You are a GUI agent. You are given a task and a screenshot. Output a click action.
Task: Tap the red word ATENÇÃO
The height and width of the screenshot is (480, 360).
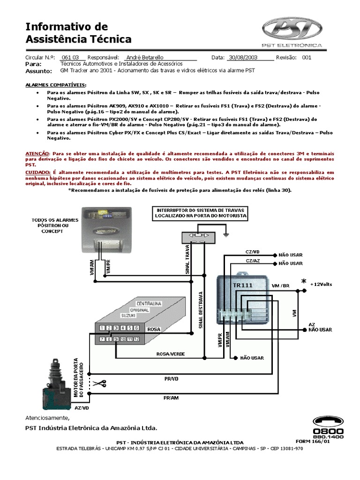pyautogui.click(x=37, y=153)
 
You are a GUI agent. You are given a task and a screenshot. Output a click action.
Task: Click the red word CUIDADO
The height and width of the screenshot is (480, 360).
pyautogui.click(x=37, y=172)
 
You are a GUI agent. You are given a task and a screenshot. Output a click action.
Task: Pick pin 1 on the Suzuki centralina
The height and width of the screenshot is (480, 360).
pyautogui.click(x=103, y=328)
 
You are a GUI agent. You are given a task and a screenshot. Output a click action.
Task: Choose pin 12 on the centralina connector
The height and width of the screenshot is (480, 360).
pyautogui.click(x=136, y=339)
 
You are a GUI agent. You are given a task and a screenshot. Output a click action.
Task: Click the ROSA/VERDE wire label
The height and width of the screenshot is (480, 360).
pyautogui.click(x=171, y=354)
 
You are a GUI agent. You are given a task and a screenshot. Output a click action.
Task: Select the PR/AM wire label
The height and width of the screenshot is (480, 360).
pyautogui.click(x=171, y=397)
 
